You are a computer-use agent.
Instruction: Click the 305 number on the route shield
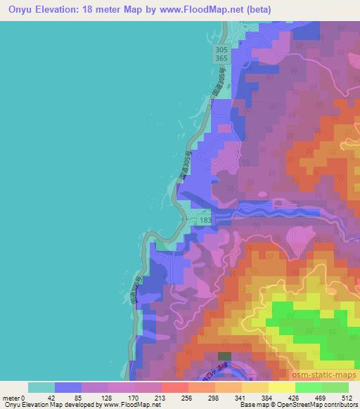pos(221,51)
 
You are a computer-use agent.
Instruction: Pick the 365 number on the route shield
pos(221,61)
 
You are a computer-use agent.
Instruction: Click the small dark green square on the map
pos(224,356)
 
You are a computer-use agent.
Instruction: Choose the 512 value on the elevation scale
pos(347,397)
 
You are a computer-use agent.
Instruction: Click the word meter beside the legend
pos(11,397)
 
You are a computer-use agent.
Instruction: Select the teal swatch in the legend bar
pos(41,387)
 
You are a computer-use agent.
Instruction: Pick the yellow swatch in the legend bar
pos(281,387)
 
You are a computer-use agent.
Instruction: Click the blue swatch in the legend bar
pos(68,387)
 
